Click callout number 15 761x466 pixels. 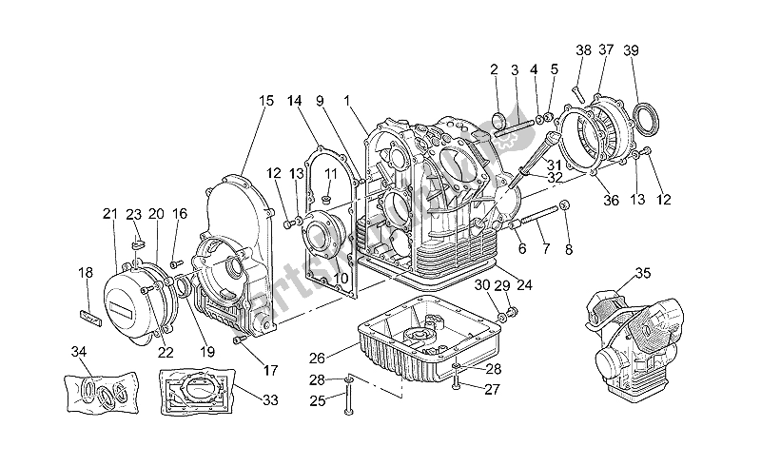(x=264, y=100)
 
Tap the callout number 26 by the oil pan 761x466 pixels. (x=318, y=359)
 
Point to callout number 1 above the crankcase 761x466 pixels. (x=348, y=100)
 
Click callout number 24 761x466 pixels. (x=524, y=284)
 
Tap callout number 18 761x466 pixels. (x=85, y=273)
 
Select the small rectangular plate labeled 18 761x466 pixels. (x=88, y=310)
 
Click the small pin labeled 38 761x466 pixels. (x=576, y=92)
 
